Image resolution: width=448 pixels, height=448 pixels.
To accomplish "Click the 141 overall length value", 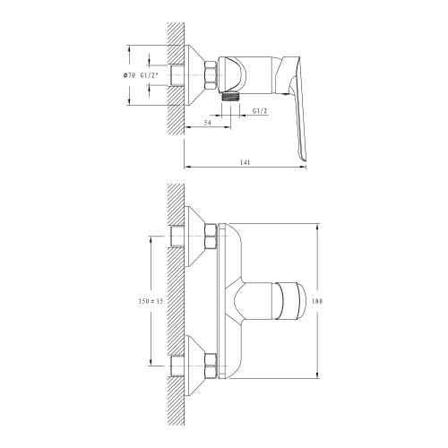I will (x=245, y=163).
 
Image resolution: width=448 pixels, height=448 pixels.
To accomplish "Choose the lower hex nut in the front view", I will (x=211, y=365).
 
